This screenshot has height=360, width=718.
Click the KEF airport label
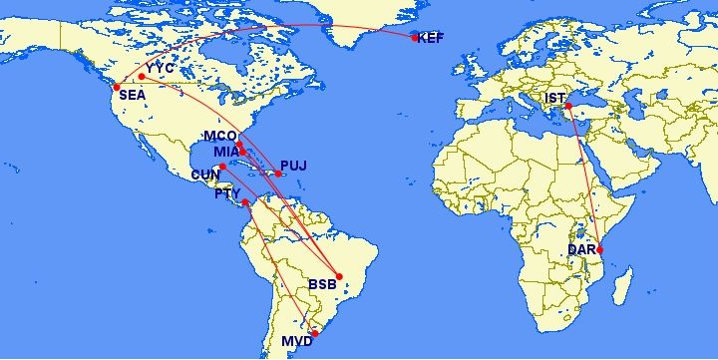point(431,39)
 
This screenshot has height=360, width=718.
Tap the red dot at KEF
point(415,38)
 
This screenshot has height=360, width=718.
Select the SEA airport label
point(133,96)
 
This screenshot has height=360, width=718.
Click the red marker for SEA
point(118,86)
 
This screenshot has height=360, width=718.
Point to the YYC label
point(160,69)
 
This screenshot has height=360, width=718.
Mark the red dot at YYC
point(142,76)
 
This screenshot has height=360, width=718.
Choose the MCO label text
point(219,136)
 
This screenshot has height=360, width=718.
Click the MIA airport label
point(226,152)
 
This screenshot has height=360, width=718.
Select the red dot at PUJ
point(278,175)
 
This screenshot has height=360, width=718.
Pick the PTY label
point(228,193)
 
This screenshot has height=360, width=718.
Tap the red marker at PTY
point(245,202)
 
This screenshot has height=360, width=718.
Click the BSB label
point(322,285)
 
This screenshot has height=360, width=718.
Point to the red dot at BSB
point(339,276)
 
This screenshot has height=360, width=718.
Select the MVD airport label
point(297,341)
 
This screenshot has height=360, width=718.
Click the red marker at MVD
point(314,334)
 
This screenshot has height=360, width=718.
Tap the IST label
point(553,98)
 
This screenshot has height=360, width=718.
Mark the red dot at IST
point(567,106)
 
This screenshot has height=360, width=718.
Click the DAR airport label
point(581,248)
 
